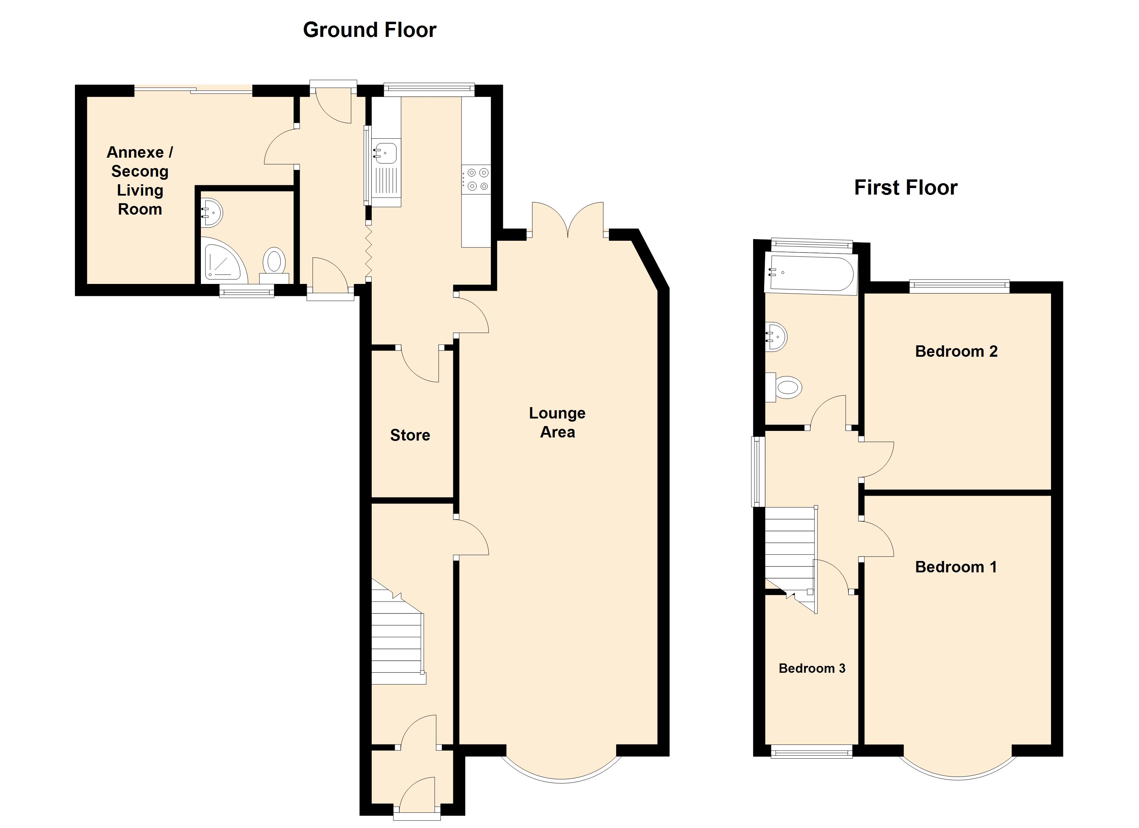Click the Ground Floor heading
click(x=370, y=30)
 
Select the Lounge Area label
click(x=557, y=422)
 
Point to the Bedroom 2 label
click(x=956, y=351)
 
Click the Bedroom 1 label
click(x=956, y=567)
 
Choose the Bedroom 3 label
click(x=812, y=668)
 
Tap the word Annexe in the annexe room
click(x=135, y=152)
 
